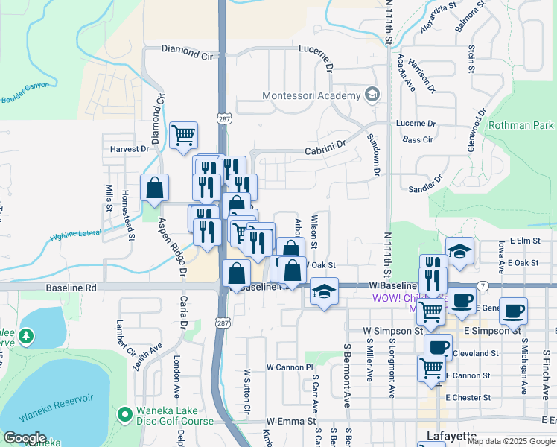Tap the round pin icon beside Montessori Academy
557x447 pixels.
pos(372,95)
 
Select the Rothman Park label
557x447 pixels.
pos(521,126)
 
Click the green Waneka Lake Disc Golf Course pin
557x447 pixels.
pos(124,413)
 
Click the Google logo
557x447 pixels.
pos(25,438)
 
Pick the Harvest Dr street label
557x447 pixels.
pos(130,149)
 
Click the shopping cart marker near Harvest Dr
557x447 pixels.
pos(183,136)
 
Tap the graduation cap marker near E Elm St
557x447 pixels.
pos(460,251)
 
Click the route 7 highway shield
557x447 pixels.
pos(483,286)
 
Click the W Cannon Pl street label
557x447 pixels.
pos(290,367)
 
